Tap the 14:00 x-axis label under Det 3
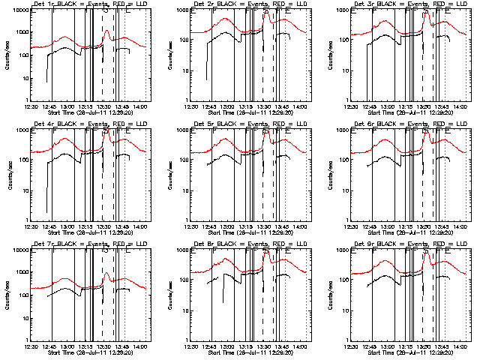(x=459, y=107)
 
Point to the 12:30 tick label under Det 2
(x=191, y=107)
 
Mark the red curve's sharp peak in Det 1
(x=107, y=31)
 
